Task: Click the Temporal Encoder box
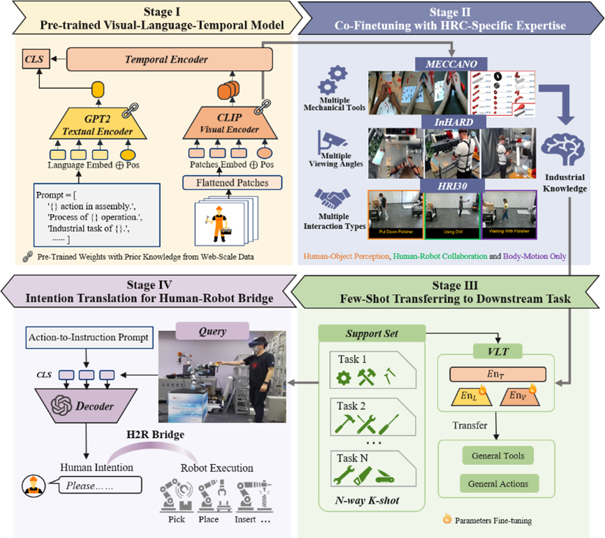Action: [x=166, y=59]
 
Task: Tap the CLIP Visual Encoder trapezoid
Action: [x=221, y=123]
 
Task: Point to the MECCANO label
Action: [x=451, y=64]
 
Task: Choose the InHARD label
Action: [x=451, y=122]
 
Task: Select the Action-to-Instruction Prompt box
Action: [x=89, y=337]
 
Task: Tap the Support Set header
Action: [x=372, y=335]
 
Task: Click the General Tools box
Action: [x=497, y=456]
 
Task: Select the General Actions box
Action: [x=497, y=484]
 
